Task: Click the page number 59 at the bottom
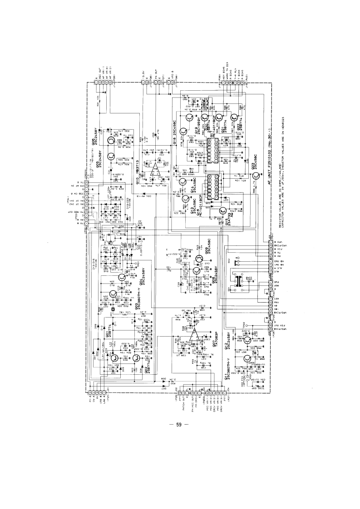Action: [178, 425]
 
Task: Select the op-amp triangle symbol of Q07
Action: [197, 335]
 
